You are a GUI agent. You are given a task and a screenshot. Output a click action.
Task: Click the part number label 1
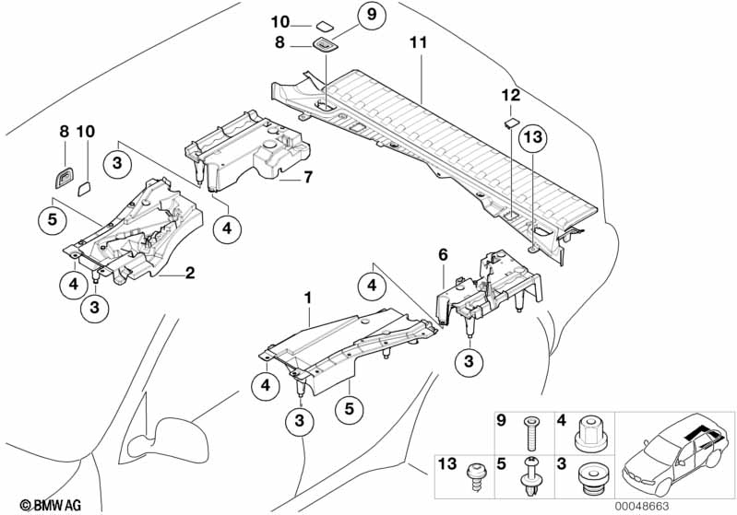point(307,298)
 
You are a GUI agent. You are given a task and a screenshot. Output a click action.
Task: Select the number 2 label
point(190,273)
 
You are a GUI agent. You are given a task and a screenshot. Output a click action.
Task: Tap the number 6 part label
point(443,255)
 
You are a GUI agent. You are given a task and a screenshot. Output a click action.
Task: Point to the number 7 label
point(307,178)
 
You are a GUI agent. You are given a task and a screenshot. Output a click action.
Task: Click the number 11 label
point(419,42)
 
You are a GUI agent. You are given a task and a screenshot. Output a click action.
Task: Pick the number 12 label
point(511,96)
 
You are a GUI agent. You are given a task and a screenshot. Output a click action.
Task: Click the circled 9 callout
point(372,15)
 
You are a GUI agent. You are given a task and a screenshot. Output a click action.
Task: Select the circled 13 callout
point(533,137)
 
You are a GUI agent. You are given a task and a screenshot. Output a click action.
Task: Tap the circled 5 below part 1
point(349,408)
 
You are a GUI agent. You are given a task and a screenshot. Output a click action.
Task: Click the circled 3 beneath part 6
point(469,361)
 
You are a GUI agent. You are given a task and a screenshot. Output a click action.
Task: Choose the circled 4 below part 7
point(227,228)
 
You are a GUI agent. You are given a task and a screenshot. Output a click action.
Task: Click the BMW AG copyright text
point(51,505)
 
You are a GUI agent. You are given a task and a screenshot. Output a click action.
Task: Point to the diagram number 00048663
point(642,507)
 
